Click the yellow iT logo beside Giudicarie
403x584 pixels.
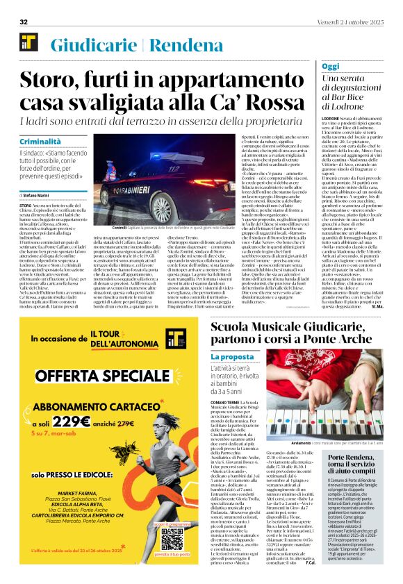28,42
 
